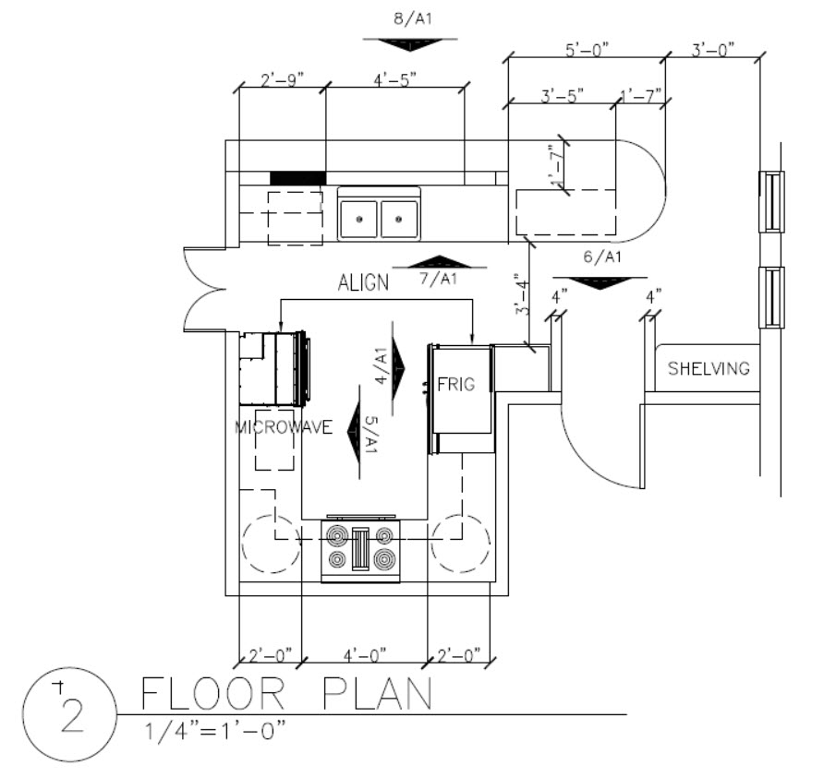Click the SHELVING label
point(709,368)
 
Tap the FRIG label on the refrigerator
point(455,384)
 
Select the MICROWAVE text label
point(284,427)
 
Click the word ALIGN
point(364,282)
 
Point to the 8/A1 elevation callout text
point(413,18)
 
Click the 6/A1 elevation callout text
point(602,257)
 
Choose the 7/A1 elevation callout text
point(438,279)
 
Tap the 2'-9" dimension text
point(282,80)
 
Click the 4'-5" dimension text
point(394,80)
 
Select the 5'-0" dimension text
point(587,50)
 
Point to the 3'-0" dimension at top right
point(713,50)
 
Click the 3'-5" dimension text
point(563,96)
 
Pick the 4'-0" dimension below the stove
point(365,655)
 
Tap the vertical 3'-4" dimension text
point(523,294)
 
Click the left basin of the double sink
point(358,219)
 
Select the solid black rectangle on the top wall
point(297,178)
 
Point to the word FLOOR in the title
point(212,693)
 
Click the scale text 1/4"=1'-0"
point(215,730)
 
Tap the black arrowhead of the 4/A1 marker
point(398,367)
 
